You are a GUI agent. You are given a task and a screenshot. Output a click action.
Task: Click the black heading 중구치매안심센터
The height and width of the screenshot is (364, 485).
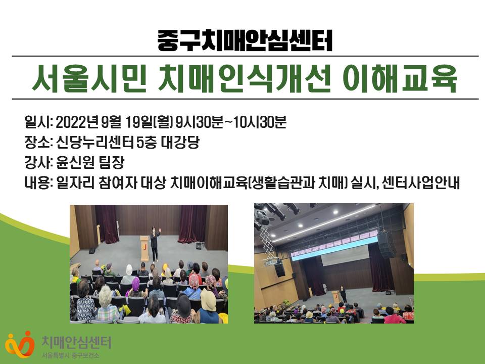(x=245, y=40)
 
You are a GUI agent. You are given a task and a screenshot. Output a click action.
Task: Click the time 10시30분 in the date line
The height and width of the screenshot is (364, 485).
(x=260, y=122)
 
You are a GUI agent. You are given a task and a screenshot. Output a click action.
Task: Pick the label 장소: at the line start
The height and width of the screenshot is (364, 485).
(x=39, y=143)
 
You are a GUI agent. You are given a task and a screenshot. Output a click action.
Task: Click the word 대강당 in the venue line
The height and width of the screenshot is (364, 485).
(x=180, y=143)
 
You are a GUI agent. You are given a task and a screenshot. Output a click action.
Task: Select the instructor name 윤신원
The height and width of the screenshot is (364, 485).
(x=75, y=162)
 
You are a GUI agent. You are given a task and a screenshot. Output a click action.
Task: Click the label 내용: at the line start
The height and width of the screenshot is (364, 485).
(x=39, y=183)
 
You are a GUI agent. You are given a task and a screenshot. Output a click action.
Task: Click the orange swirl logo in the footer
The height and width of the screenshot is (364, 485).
(x=20, y=344)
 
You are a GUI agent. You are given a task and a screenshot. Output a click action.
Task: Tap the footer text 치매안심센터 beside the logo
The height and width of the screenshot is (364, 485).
(x=76, y=343)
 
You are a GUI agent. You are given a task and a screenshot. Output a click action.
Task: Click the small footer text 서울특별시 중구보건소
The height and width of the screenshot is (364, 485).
(x=71, y=355)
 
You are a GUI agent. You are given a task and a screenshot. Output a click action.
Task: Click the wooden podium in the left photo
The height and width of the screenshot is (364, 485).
(x=144, y=248)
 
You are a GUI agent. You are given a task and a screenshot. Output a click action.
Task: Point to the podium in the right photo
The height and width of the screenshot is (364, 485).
(x=335, y=296)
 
